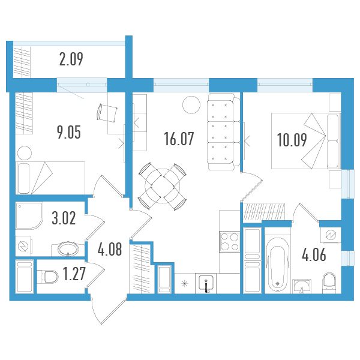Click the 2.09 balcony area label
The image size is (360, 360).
(x=71, y=59)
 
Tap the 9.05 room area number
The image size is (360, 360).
(x=69, y=132)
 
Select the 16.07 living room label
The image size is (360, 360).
(x=179, y=139)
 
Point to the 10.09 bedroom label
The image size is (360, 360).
(x=292, y=140)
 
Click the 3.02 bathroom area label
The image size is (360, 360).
(x=64, y=218)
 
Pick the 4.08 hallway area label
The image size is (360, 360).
(x=110, y=250)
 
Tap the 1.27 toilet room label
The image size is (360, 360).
(x=74, y=274)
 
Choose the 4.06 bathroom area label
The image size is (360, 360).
(x=314, y=255)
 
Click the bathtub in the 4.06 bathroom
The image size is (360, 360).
(x=278, y=264)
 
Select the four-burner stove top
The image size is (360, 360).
(x=230, y=242)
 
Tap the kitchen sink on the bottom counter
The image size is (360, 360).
(x=206, y=283)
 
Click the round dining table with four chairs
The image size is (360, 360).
(x=163, y=186)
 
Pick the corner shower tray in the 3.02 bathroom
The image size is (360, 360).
(x=29, y=215)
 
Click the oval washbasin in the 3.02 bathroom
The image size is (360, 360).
(x=68, y=248)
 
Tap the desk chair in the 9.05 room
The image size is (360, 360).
(x=107, y=112)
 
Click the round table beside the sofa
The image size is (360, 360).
(x=191, y=104)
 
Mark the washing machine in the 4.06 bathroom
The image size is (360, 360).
(x=331, y=235)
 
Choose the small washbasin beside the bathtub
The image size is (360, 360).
(x=302, y=286)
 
